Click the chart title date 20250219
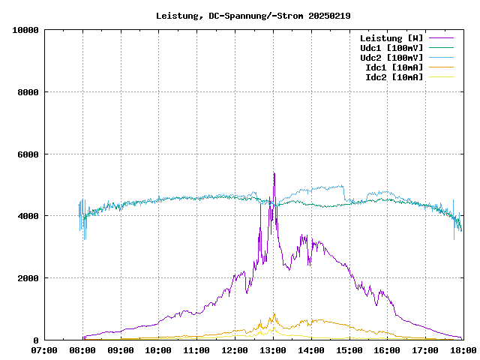pos(329,16)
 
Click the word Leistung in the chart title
pos(177,16)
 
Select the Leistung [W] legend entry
pos(391,38)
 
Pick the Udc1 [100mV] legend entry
pos(391,48)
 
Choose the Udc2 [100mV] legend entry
pos(391,58)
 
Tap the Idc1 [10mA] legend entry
pos(394,67)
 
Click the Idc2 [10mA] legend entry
pos(394,77)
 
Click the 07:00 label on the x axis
pos(44,350)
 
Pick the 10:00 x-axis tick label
pos(158,350)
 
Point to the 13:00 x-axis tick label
pos(273,350)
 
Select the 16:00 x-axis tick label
pos(387,350)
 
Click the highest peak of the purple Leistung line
pos(274,173)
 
